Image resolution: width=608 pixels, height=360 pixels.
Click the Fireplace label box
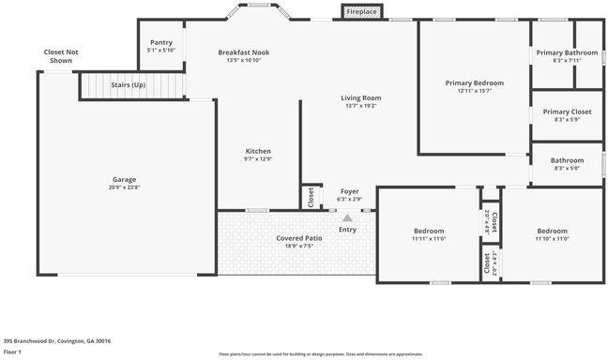pyautogui.click(x=361, y=12)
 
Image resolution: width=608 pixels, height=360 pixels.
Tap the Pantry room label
pyautogui.click(x=161, y=42)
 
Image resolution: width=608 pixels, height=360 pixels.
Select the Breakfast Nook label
pyautogui.click(x=243, y=52)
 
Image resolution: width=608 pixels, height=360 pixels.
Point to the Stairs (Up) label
pyautogui.click(x=129, y=85)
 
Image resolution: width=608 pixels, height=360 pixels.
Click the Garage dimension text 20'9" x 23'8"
pyautogui.click(x=124, y=187)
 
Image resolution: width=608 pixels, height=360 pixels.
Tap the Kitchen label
pyautogui.click(x=258, y=151)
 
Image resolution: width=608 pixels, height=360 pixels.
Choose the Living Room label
pyautogui.click(x=359, y=97)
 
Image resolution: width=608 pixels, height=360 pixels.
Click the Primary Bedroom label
pyautogui.click(x=474, y=82)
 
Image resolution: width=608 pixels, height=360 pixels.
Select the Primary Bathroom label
pyautogui.click(x=567, y=52)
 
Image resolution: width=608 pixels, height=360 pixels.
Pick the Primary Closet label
pyautogui.click(x=567, y=112)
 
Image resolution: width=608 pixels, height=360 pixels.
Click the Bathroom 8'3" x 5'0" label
pyautogui.click(x=567, y=168)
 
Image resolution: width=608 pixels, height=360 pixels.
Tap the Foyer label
pyautogui.click(x=349, y=191)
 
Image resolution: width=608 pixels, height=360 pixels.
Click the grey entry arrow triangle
pyautogui.click(x=347, y=217)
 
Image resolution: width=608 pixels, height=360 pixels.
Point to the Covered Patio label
pyautogui.click(x=299, y=238)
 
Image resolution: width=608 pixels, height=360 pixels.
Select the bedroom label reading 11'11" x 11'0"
pyautogui.click(x=429, y=239)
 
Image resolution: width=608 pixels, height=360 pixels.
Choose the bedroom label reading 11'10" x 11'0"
pyautogui.click(x=553, y=239)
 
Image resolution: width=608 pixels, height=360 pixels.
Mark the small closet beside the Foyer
pyautogui.click(x=310, y=197)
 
